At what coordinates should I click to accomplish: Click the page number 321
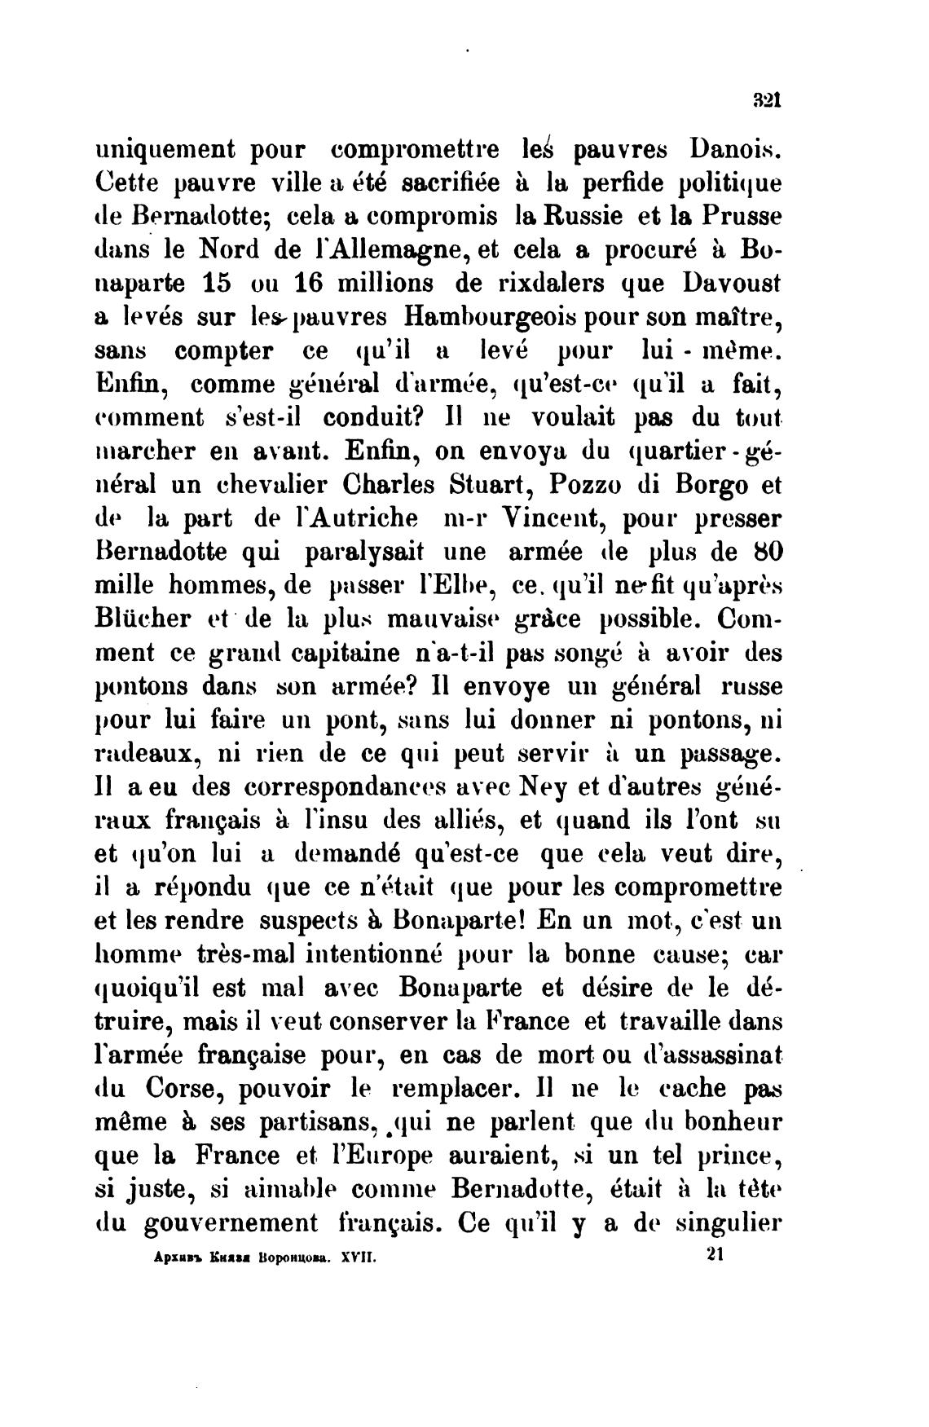(768, 101)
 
